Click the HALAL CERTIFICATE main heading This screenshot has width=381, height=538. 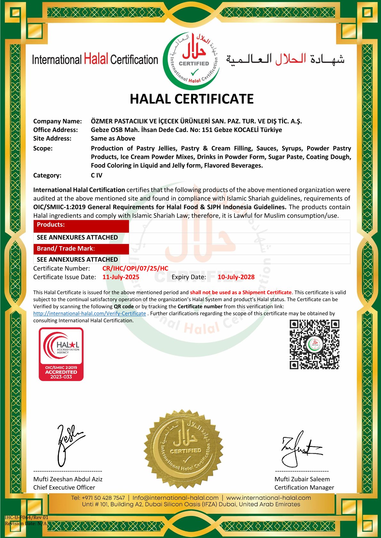(x=191, y=99)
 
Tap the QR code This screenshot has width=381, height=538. (x=314, y=344)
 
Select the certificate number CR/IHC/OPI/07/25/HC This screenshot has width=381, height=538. (x=135, y=269)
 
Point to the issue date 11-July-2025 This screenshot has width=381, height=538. (x=121, y=277)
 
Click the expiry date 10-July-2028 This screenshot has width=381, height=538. (x=236, y=277)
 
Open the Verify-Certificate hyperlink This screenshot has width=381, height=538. (x=90, y=314)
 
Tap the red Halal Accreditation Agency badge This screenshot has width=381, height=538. (x=61, y=354)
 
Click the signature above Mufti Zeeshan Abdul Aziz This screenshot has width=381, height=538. (x=69, y=444)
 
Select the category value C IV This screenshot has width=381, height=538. (x=96, y=175)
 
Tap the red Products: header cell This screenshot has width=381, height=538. (x=81, y=225)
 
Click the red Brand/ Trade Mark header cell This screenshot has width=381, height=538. (x=81, y=249)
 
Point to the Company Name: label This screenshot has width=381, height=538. (x=58, y=121)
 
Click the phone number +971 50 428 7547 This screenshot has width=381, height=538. (x=103, y=498)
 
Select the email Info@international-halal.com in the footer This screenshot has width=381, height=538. (x=175, y=498)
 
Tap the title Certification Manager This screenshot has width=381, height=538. (x=304, y=487)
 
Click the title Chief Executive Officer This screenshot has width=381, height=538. (x=64, y=487)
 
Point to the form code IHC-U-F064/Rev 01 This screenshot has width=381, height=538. (x=27, y=517)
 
